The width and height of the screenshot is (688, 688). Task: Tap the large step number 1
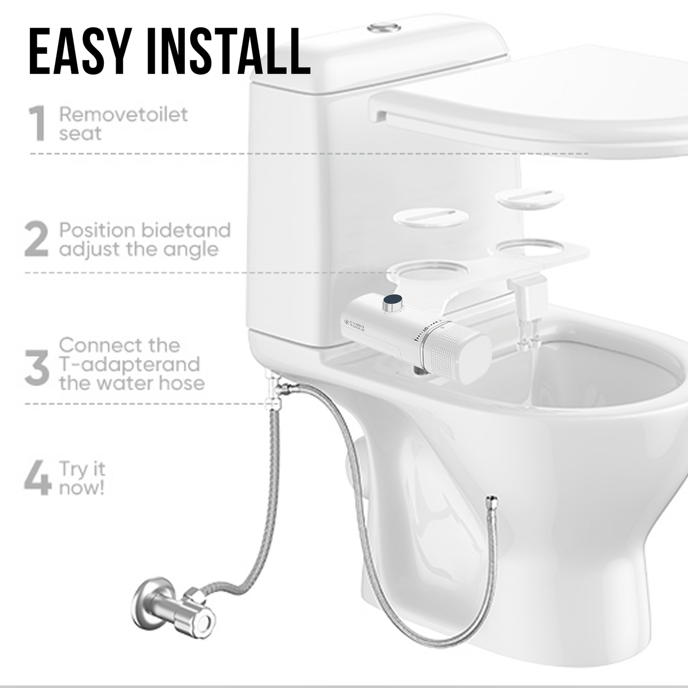tap(37, 124)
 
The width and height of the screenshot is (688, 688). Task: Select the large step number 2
tap(36, 240)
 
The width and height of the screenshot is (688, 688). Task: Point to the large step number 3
tap(37, 368)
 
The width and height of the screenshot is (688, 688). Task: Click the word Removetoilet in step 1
tap(123, 115)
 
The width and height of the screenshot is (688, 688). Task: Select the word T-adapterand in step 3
tap(129, 364)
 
